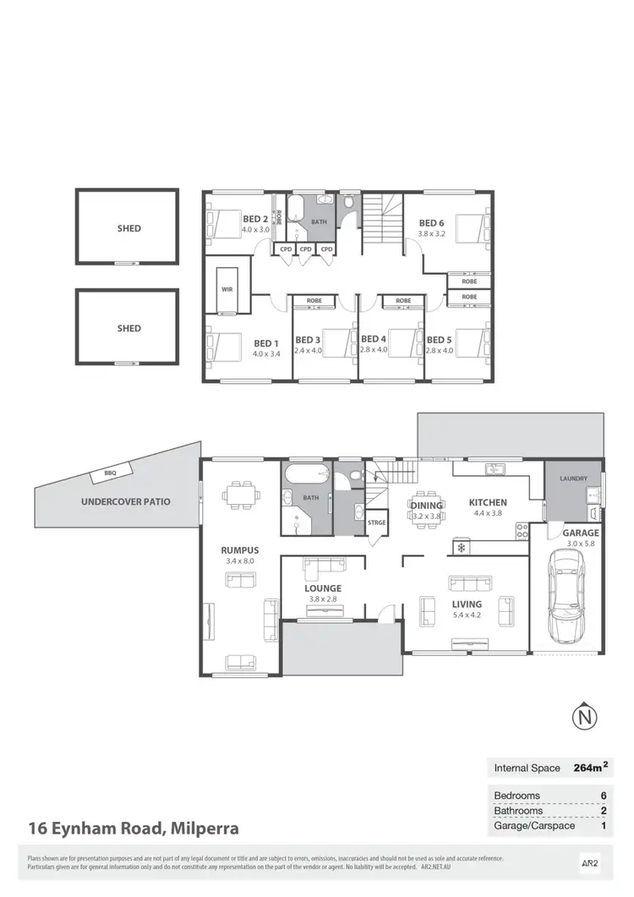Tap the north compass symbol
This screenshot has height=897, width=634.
[583, 719]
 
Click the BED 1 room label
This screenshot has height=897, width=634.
[265, 343]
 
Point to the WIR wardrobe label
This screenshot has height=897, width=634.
[227, 289]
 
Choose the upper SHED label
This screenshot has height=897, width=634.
[128, 228]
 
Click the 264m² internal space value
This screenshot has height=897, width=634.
[590, 768]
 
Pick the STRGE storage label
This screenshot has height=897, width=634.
[377, 522]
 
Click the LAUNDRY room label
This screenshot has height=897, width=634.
[572, 479]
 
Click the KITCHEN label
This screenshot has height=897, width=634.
[488, 502]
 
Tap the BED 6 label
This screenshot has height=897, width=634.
[431, 223]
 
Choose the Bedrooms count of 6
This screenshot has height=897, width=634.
[604, 796]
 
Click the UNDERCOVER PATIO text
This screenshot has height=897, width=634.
[125, 501]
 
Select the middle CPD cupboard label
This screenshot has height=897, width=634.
[305, 249]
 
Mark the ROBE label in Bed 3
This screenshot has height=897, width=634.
[314, 300]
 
